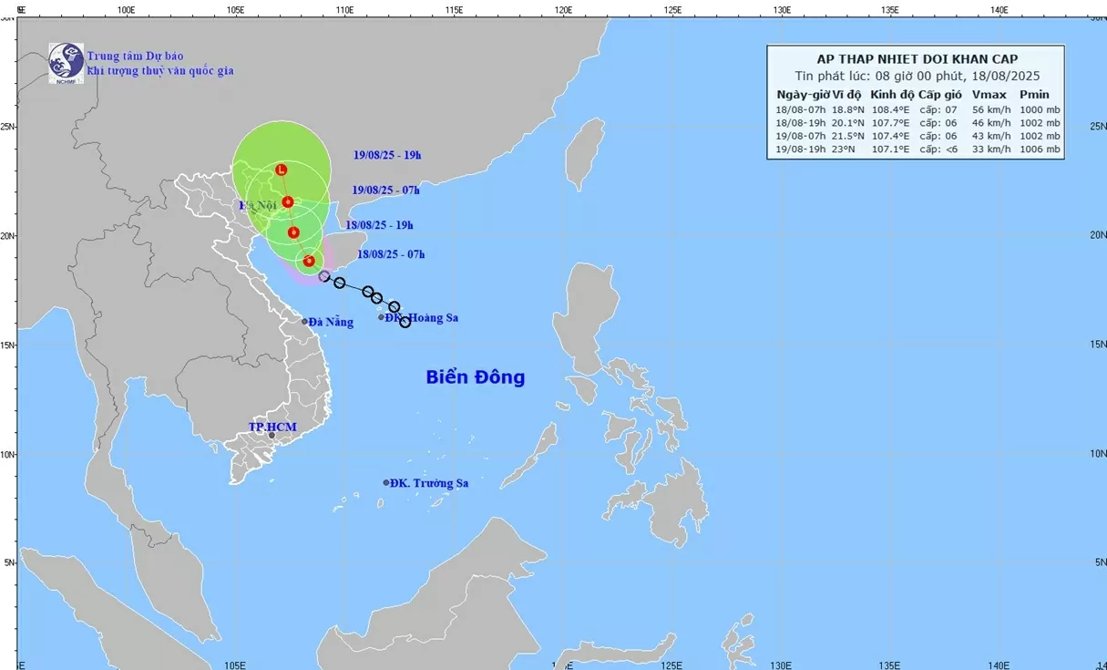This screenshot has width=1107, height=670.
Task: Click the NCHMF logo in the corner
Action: pos(66,63)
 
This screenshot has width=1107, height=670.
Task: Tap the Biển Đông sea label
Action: pos(475,377)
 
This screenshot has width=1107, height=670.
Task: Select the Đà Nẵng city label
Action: pos(330,322)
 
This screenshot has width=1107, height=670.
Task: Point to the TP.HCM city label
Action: pos(272,427)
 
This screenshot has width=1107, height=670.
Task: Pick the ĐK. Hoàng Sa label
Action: pos(421,318)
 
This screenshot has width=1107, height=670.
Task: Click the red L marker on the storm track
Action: pos(282,170)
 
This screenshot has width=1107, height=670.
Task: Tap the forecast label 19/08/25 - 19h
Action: pos(387,155)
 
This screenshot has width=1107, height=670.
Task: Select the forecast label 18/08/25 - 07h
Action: pos(391,254)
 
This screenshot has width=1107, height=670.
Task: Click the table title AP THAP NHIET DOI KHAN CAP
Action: pos(917,59)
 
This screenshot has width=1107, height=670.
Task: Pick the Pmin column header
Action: pos(1034,95)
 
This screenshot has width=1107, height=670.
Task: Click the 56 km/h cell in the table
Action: pos(989,109)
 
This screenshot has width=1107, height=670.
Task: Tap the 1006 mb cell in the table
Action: pos(1040,149)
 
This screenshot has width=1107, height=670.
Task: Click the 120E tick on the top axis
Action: pos(563,10)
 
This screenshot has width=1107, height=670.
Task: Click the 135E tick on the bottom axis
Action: pos(890,664)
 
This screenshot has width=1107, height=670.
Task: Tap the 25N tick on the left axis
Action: pos(7,127)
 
